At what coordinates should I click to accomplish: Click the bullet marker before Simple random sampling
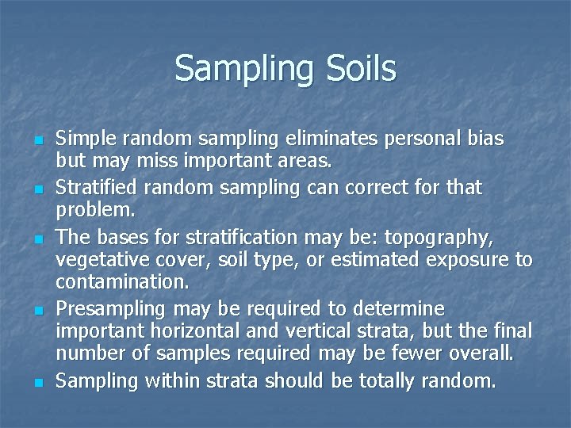coord(37,140)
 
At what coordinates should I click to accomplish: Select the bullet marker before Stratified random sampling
coord(37,189)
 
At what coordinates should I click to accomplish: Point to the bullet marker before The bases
coord(37,238)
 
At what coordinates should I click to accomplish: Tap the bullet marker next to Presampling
coord(37,310)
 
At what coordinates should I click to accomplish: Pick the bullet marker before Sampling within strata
coord(37,382)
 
